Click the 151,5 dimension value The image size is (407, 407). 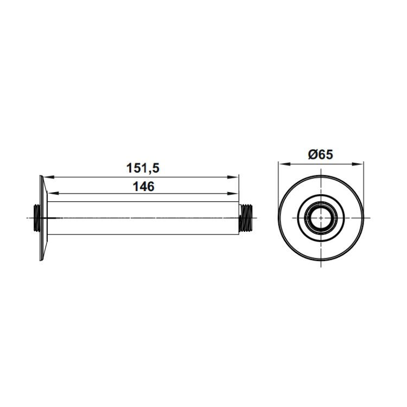click(x=143, y=168)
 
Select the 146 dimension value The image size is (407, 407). click(x=144, y=186)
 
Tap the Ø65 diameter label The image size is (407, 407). click(x=320, y=155)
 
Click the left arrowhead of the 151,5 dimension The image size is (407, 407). click(x=48, y=177)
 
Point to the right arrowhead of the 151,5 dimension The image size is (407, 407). click(x=233, y=177)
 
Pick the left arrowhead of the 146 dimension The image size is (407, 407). click(x=53, y=193)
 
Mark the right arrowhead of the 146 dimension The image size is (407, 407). click(x=233, y=193)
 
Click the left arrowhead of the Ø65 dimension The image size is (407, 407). click(x=284, y=164)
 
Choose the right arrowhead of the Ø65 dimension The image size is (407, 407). click(x=357, y=164)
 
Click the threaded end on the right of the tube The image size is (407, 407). click(x=245, y=218)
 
